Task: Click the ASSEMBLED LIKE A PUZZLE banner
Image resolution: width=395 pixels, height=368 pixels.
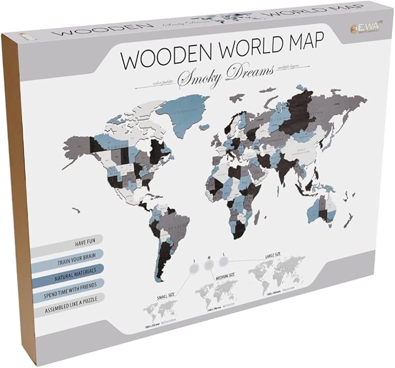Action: tap(67, 297)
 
